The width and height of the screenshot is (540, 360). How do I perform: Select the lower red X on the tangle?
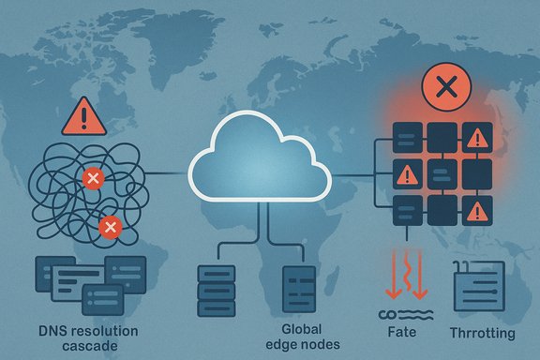[x=110, y=227]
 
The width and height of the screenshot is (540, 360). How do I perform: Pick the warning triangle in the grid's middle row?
[x=406, y=174]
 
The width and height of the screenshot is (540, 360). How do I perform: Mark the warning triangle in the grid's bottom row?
[x=475, y=209]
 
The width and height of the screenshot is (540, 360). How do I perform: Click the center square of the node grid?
[x=441, y=174]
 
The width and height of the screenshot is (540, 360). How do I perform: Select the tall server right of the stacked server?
[x=299, y=289]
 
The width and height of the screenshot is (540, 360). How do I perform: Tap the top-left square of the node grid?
[x=406, y=139]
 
